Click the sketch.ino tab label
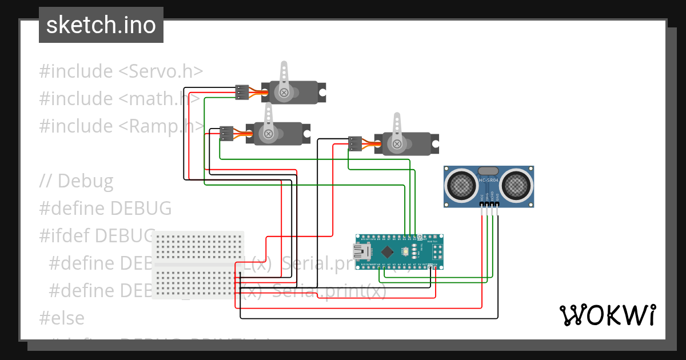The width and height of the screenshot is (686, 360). coord(101,25)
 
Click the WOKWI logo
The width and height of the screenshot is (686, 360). coord(607,315)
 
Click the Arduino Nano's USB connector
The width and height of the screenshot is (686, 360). coord(362,251)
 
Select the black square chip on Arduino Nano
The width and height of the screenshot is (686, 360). coord(388,251)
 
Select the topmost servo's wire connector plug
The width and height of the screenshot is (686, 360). coord(242,93)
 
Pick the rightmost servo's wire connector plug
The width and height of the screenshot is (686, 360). coord(355,144)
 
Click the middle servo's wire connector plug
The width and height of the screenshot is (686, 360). coord(226,134)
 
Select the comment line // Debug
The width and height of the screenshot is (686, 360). coord(76,181)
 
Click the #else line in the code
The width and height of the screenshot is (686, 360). coord(62,318)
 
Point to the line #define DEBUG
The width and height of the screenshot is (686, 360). coord(105,209)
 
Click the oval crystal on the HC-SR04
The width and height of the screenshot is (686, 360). coord(488,170)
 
